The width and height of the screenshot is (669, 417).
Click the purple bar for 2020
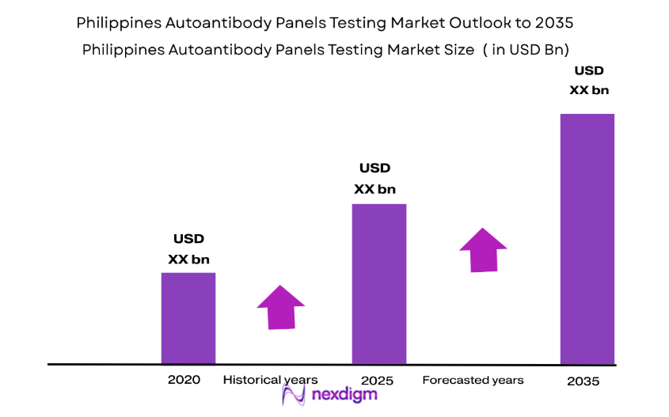[188, 318]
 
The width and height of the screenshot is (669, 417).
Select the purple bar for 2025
[378, 283]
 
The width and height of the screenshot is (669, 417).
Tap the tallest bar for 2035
[587, 238]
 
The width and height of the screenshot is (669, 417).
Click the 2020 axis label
[184, 380]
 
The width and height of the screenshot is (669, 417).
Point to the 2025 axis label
[376, 381]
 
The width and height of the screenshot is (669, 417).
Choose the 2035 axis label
[583, 381]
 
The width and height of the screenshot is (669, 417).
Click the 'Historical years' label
[270, 380]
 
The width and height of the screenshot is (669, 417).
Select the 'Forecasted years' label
[473, 381]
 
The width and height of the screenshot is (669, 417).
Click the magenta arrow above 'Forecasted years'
[483, 250]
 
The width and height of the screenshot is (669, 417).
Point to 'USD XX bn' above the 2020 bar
[188, 248]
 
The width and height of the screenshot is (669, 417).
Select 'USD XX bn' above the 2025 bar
[374, 178]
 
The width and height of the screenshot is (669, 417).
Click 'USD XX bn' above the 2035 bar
[589, 80]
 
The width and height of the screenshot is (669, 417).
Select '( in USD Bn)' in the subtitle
[526, 50]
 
